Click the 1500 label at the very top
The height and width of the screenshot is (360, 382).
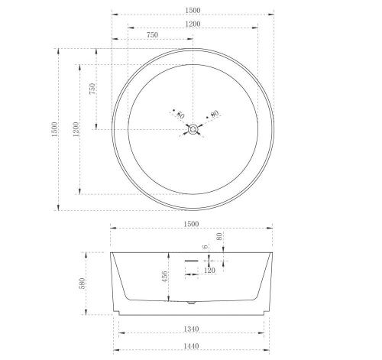click(193, 11)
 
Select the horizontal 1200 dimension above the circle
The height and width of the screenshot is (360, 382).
click(193, 24)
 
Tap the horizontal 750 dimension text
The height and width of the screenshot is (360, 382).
click(152, 35)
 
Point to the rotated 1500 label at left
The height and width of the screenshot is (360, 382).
click(55, 129)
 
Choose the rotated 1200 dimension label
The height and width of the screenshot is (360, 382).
click(76, 129)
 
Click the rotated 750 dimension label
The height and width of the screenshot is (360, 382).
click(92, 89)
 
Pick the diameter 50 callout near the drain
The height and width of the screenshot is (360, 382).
click(178, 115)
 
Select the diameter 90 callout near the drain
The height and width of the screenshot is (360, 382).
click(213, 115)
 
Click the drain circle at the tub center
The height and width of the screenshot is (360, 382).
click(193, 129)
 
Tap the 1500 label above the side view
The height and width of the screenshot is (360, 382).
click(191, 224)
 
